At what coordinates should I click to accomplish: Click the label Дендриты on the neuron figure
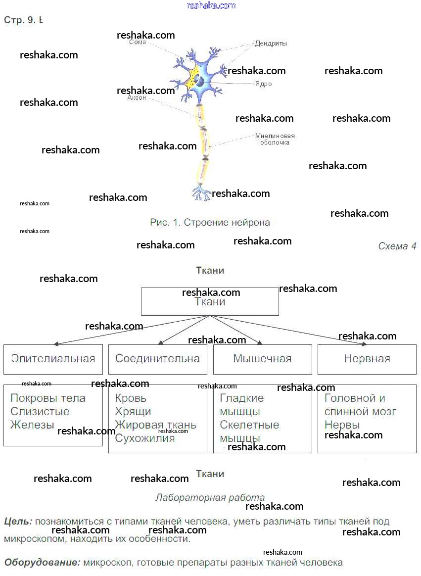[271, 44]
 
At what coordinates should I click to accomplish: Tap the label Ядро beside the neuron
[263, 84]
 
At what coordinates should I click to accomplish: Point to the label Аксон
[137, 98]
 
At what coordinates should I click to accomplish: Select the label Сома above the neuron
[138, 43]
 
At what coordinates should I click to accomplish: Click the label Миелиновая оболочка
[275, 139]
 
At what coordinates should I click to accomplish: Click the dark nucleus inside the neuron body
[200, 81]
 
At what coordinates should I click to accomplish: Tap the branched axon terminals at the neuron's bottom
[201, 192]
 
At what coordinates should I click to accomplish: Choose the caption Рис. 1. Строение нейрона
[210, 223]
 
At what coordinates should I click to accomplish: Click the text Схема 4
[397, 246]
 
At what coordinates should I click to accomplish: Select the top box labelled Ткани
[210, 301]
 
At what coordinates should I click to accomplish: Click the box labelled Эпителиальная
[53, 359]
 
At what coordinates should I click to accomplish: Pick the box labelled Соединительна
[157, 359]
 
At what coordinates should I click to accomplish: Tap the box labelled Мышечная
[262, 359]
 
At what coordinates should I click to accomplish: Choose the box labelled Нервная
[367, 359]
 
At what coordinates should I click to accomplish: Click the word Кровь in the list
[131, 398]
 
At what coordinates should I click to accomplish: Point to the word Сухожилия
[144, 438]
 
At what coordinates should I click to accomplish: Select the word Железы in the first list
[32, 425]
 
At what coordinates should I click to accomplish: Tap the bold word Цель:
[18, 522]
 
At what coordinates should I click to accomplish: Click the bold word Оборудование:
[42, 563]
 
